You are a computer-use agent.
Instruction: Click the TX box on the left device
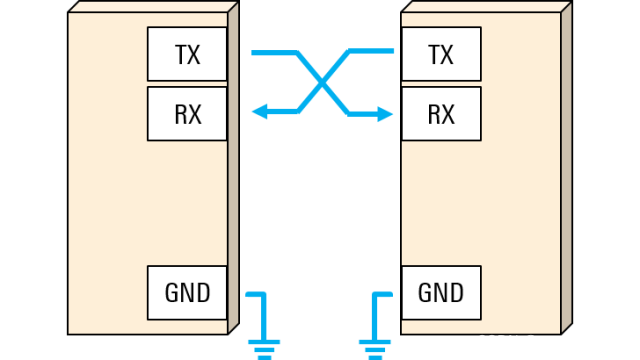click(x=187, y=54)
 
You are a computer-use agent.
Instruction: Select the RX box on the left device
click(x=187, y=113)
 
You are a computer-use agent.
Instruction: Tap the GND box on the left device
click(x=187, y=292)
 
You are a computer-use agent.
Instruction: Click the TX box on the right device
click(x=440, y=54)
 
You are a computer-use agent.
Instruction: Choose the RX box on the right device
click(x=440, y=113)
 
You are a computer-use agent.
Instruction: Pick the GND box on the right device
click(x=440, y=292)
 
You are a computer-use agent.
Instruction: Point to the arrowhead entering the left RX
click(x=259, y=113)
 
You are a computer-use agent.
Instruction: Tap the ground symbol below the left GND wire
click(x=265, y=348)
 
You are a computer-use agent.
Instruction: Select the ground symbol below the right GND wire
click(x=374, y=348)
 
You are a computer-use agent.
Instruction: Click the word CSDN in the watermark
click(x=495, y=341)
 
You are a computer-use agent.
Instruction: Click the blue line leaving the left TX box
click(x=272, y=52)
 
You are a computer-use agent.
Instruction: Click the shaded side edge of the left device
click(x=233, y=170)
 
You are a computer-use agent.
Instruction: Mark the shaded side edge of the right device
click(x=565, y=170)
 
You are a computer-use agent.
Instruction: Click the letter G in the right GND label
click(x=425, y=292)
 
